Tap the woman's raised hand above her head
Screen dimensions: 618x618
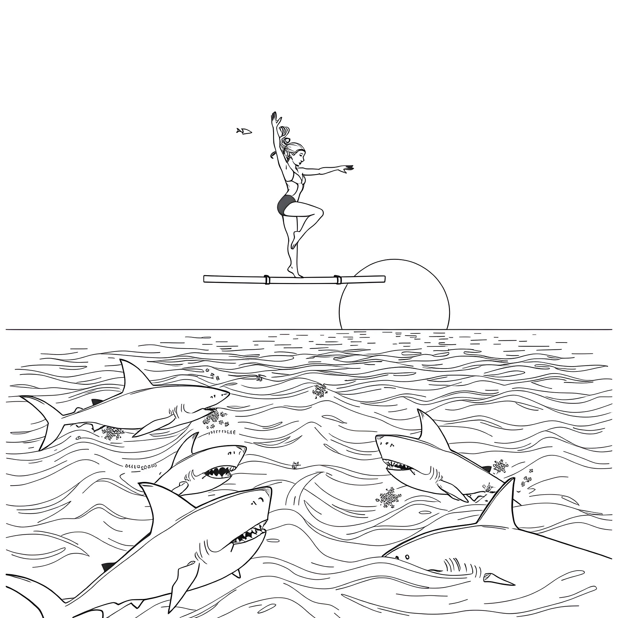point(275,118)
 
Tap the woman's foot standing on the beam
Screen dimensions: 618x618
point(294,273)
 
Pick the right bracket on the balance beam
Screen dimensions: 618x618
point(338,279)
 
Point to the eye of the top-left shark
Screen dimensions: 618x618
point(212,397)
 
